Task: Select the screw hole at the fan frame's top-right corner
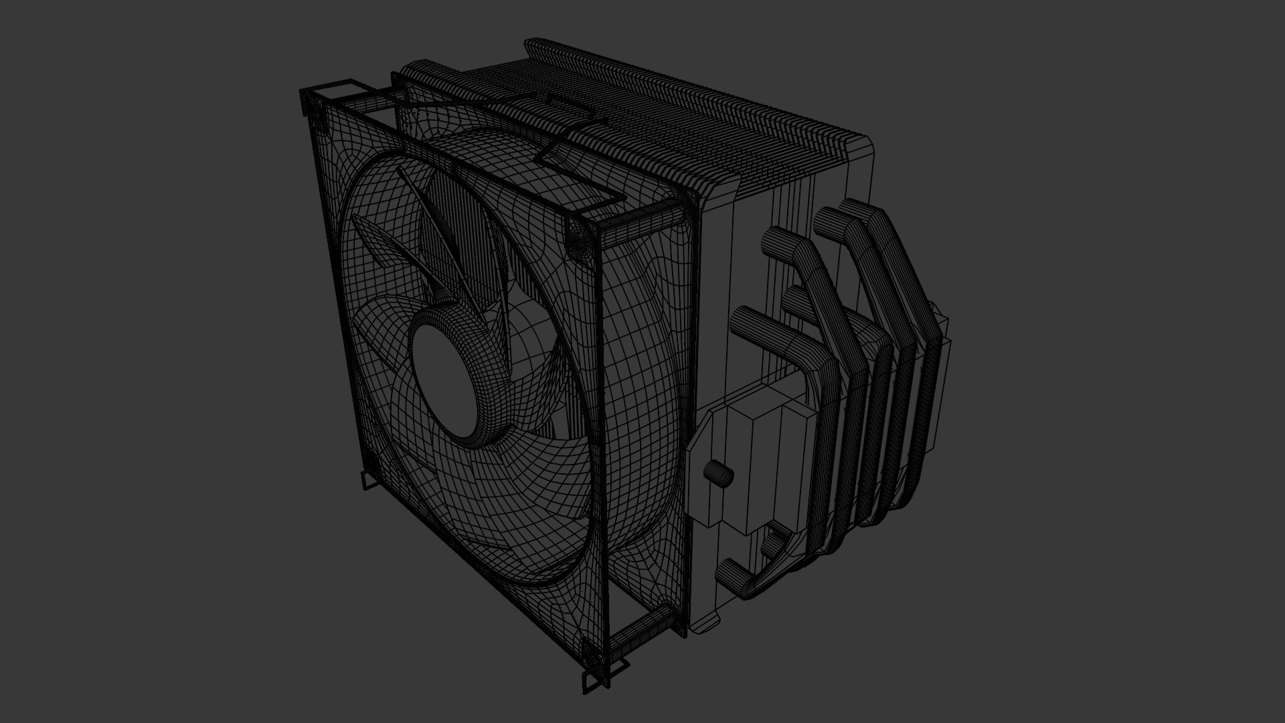[x=577, y=238]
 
